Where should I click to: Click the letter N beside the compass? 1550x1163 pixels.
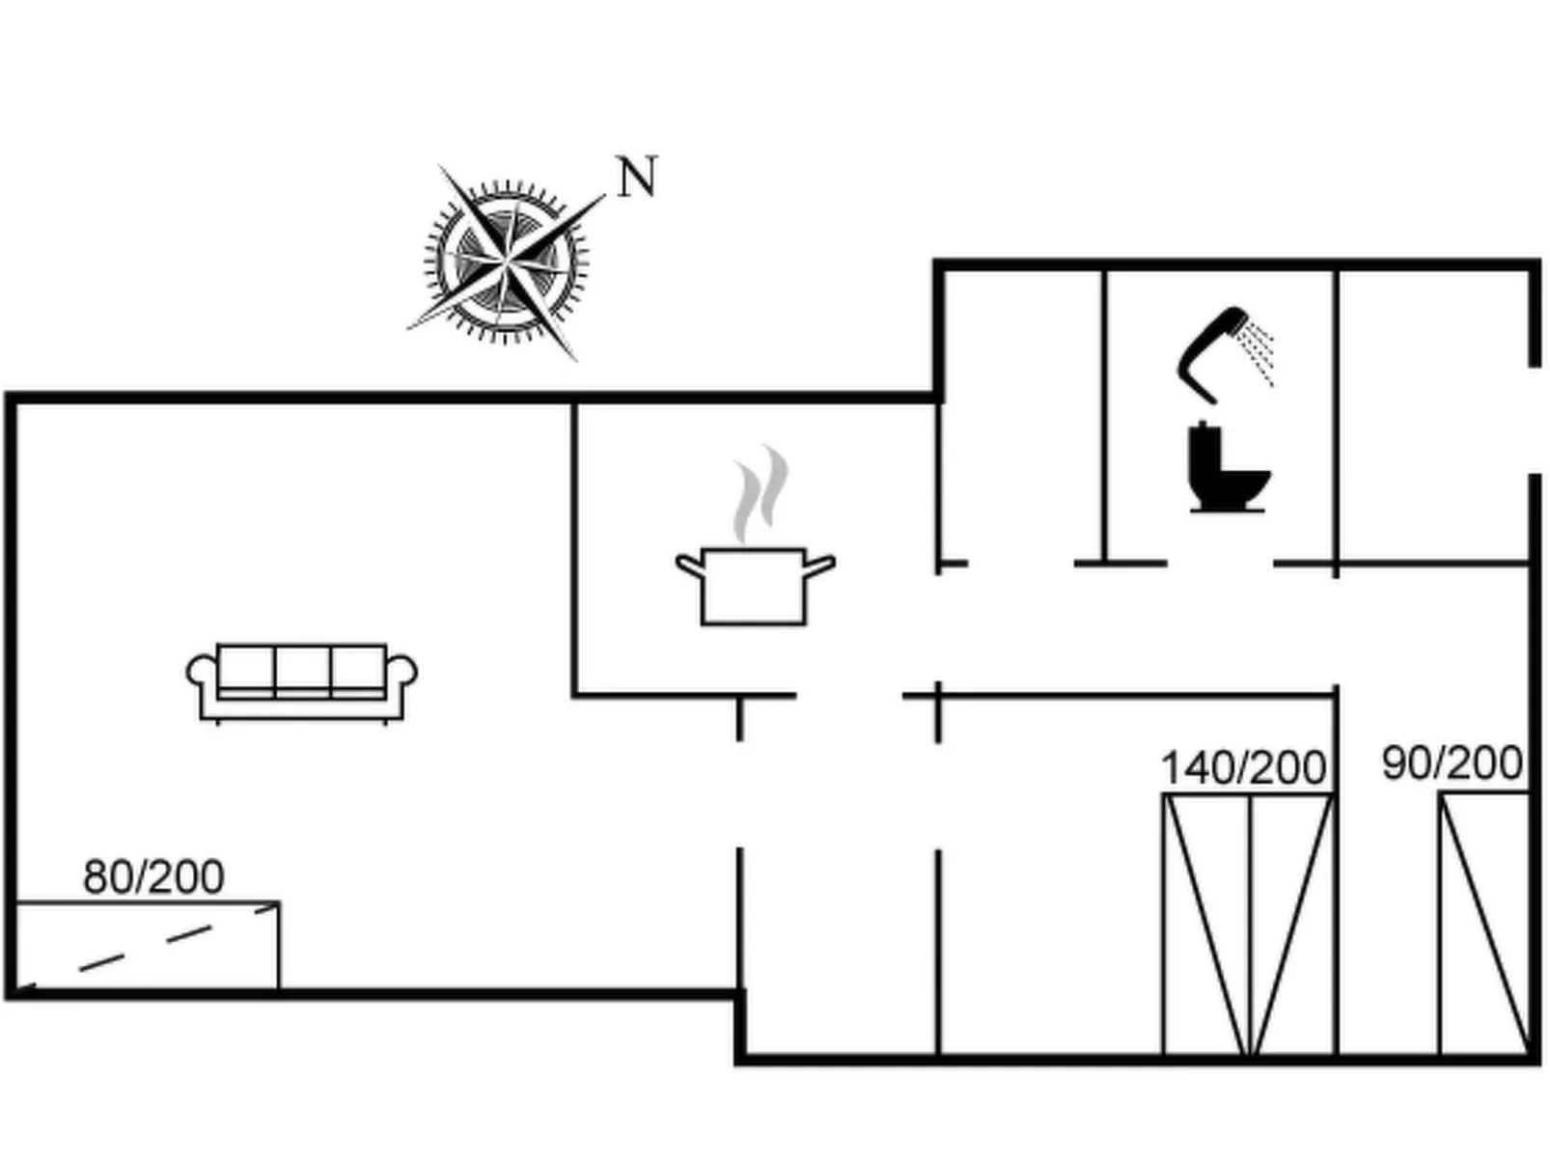click(637, 178)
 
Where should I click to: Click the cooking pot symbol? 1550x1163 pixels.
click(754, 585)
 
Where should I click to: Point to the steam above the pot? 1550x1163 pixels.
click(761, 492)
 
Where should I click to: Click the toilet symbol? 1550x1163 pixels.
click(1226, 469)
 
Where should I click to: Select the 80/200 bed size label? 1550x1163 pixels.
click(154, 876)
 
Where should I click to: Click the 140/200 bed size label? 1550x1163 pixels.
click(1243, 768)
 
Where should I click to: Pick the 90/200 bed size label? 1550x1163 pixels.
click(1452, 763)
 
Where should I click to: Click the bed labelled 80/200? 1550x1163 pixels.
click(148, 945)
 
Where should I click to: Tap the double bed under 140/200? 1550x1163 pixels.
click(1248, 924)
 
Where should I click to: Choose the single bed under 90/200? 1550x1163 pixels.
click(1483, 924)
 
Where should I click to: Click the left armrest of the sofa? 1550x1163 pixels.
click(202, 673)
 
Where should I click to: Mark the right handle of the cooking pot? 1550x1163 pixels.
click(820, 565)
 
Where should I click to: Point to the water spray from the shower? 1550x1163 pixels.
click(1259, 353)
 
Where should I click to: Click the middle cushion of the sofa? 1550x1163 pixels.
click(302, 667)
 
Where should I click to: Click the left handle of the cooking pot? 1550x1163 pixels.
click(688, 565)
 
